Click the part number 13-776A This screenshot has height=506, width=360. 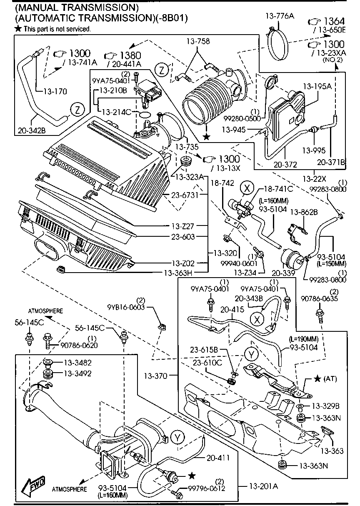[280, 16]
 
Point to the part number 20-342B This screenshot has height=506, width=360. [32, 130]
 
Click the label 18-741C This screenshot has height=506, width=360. [276, 189]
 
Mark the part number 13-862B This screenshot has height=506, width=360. [304, 212]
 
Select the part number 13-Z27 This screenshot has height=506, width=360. [184, 226]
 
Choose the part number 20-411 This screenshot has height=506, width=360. [217, 457]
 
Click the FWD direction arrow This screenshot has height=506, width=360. [35, 484]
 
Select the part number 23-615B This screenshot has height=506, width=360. [205, 350]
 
